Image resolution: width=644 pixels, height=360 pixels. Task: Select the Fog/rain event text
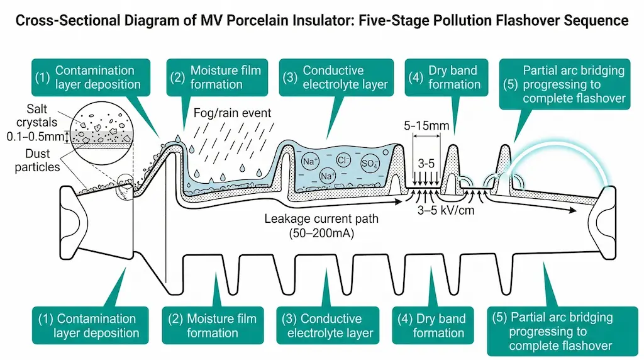(x=233, y=114)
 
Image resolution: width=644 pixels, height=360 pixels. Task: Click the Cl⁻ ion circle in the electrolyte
(x=343, y=160)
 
